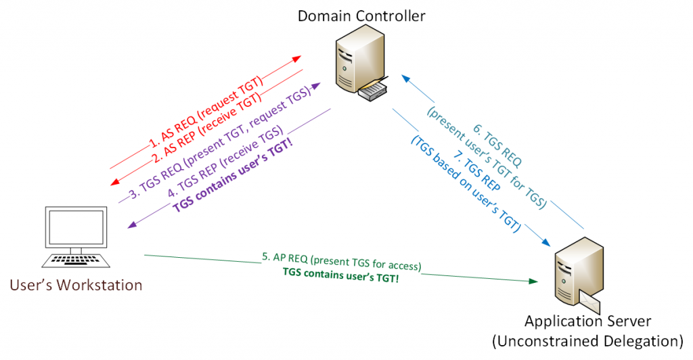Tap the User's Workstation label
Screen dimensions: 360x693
[76, 285]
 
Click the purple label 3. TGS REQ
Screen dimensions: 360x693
[220, 143]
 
